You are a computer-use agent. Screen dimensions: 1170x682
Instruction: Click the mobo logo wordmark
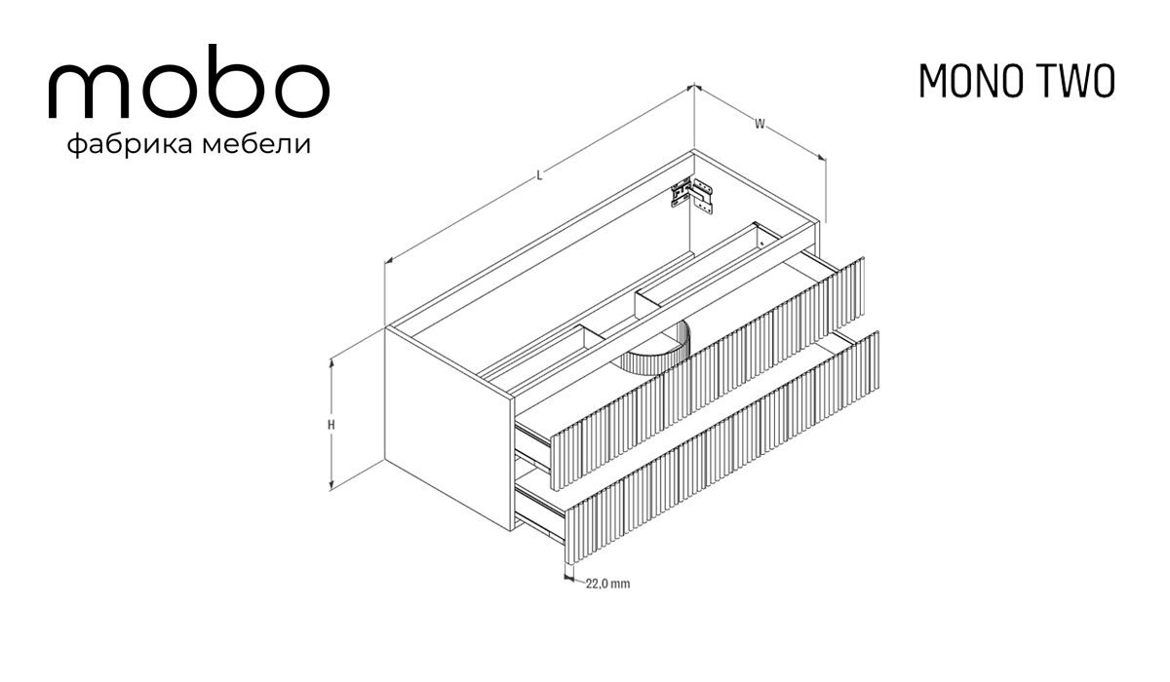point(188,82)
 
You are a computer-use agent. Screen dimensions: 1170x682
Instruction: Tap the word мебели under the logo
point(256,144)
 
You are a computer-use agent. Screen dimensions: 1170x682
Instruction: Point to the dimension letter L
point(539,175)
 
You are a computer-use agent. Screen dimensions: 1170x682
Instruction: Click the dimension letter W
point(760,124)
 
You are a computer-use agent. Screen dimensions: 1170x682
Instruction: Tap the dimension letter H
point(331,425)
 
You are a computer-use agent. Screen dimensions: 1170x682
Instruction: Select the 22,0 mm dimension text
point(607,584)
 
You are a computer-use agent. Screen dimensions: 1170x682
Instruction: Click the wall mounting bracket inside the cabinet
point(692,195)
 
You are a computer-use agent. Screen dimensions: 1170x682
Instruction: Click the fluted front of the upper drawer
point(708,373)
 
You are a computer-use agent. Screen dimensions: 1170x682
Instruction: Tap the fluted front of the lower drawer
point(721,448)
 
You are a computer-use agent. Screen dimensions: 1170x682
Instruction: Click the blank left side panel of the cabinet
point(449,430)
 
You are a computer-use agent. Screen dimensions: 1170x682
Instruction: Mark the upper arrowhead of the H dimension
point(331,363)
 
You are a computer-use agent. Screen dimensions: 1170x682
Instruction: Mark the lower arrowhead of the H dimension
point(331,486)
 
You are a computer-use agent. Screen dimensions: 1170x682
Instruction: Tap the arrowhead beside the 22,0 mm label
point(568,578)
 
